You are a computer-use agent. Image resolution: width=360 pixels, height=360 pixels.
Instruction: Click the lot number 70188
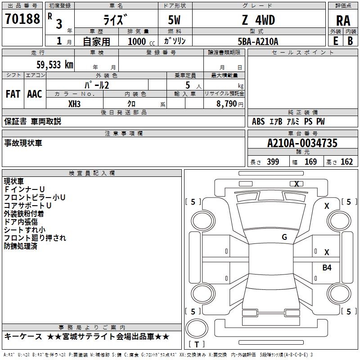pyautogui.click(x=22, y=19)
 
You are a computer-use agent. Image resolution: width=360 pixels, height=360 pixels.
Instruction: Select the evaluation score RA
pyautogui.click(x=343, y=20)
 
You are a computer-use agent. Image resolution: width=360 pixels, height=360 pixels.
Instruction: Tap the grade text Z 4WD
pyautogui.click(x=258, y=20)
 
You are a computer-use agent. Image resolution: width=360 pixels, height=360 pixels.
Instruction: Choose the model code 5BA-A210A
pyautogui.click(x=258, y=41)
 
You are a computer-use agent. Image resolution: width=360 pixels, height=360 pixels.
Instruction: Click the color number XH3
pyautogui.click(x=75, y=103)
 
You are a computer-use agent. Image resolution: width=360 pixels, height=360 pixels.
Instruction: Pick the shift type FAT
pyautogui.click(x=13, y=94)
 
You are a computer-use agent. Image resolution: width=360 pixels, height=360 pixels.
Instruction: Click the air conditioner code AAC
pyautogui.click(x=35, y=94)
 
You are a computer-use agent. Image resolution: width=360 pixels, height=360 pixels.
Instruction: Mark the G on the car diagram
pyautogui.click(x=284, y=237)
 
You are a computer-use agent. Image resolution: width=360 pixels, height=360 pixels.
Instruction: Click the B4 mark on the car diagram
pyautogui.click(x=327, y=267)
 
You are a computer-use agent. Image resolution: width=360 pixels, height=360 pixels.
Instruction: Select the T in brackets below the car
pyautogui.click(x=197, y=344)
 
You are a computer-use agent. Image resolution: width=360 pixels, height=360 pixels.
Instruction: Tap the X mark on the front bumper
pyautogui.click(x=297, y=184)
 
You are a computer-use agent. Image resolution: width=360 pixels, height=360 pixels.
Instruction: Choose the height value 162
pyautogui.click(x=346, y=162)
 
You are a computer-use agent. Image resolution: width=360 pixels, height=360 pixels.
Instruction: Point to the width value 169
pyautogui.click(x=310, y=162)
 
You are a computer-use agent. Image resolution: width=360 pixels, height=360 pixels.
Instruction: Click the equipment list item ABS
pyautogui.click(x=258, y=121)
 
